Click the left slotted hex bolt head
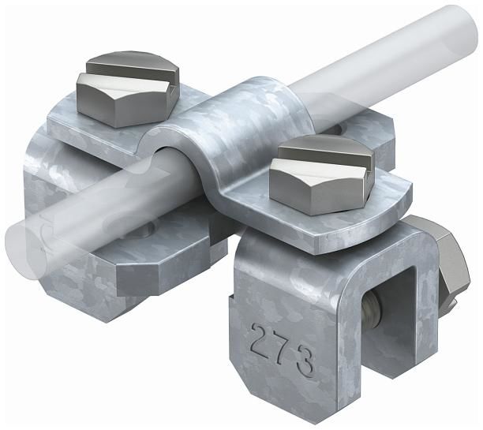pyautogui.click(x=128, y=89)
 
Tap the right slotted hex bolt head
pyautogui.click(x=322, y=174)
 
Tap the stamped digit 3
pyautogui.click(x=305, y=365)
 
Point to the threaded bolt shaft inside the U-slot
pyautogui.click(x=373, y=310)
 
